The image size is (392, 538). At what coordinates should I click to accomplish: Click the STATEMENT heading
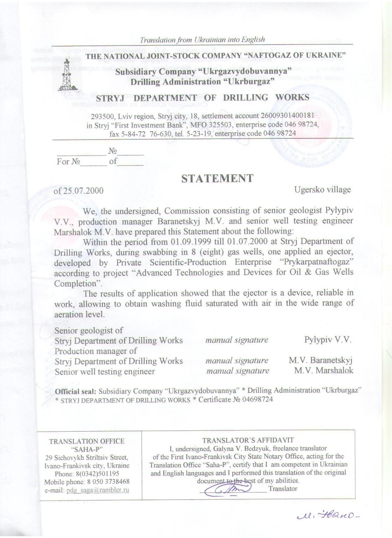(217, 179)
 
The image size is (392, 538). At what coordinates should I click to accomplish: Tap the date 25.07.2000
(83, 191)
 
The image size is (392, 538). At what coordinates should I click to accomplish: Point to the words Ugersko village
(322, 189)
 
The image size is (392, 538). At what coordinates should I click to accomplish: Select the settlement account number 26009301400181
(287, 116)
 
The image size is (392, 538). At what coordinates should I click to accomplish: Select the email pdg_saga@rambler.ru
(98, 490)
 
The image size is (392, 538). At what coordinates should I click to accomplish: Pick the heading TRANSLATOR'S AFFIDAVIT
(248, 440)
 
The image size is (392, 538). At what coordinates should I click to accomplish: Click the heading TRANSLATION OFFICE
(87, 441)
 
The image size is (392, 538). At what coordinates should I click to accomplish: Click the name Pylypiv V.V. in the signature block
(328, 340)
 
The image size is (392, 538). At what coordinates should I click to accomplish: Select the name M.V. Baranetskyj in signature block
(320, 360)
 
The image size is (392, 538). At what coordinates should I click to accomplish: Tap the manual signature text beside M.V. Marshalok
(238, 371)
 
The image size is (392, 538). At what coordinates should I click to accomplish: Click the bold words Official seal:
(75, 391)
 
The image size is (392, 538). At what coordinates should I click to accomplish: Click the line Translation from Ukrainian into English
(202, 40)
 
